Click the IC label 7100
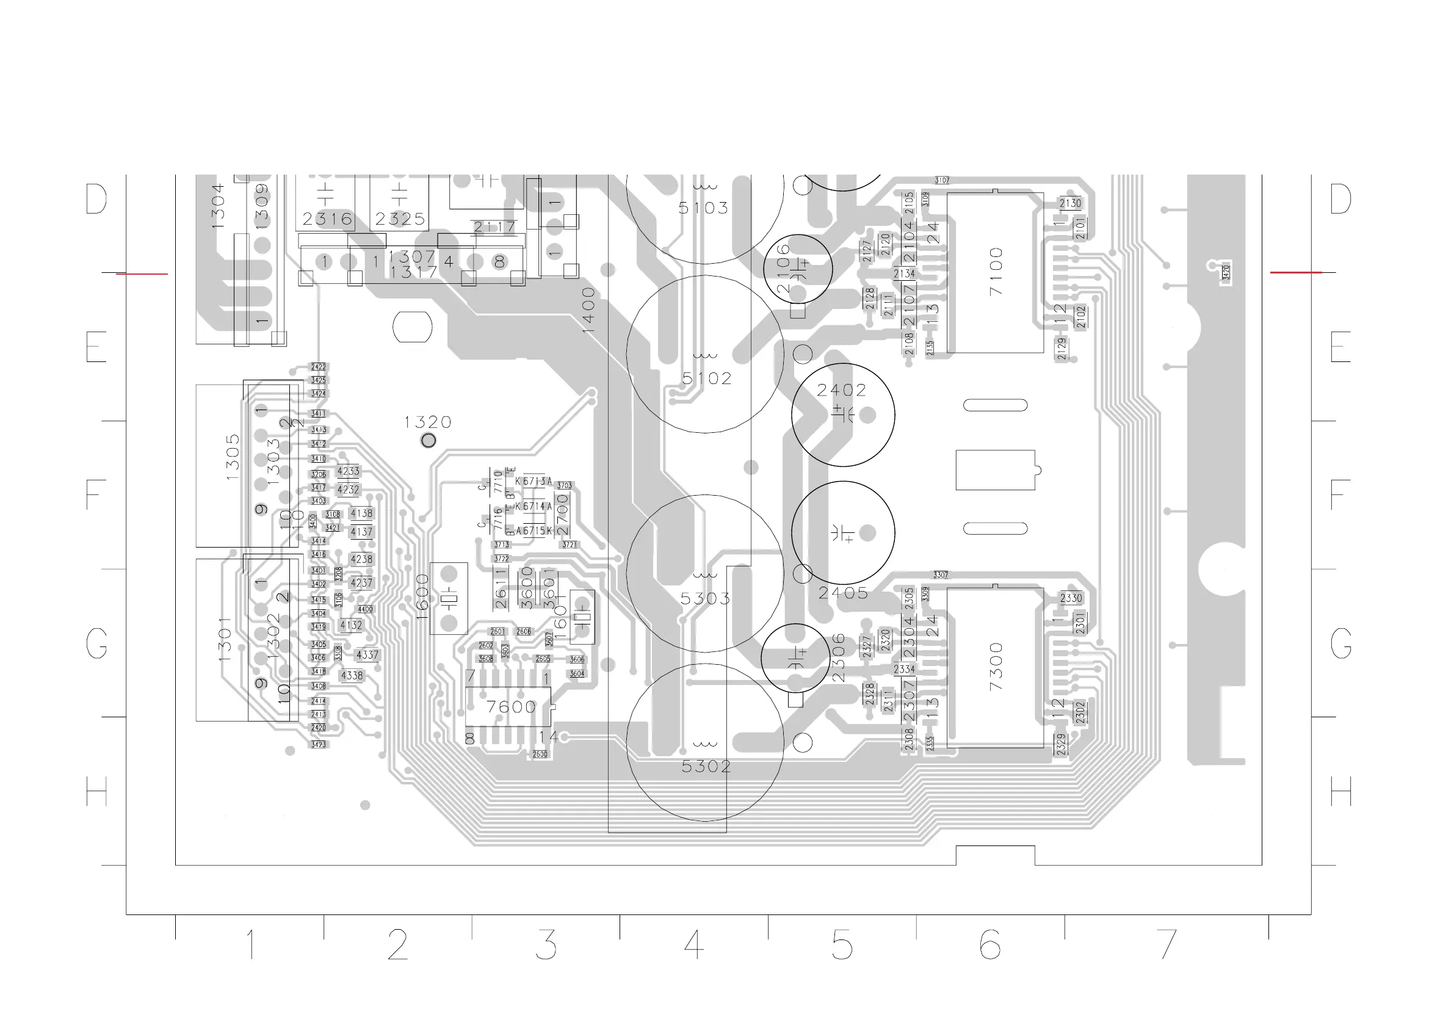tap(996, 272)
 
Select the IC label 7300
tap(996, 667)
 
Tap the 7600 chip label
tap(510, 707)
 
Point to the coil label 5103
tap(703, 208)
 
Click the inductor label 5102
tap(707, 378)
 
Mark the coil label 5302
tap(706, 766)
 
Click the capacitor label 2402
tap(841, 390)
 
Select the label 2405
tap(843, 593)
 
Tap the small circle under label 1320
tap(428, 440)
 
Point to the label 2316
tap(327, 219)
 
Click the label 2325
tap(400, 219)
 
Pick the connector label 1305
tap(233, 457)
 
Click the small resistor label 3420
tap(1226, 272)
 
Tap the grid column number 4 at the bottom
tap(694, 944)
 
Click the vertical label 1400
tap(589, 310)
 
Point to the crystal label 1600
tap(423, 597)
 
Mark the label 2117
tap(494, 226)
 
